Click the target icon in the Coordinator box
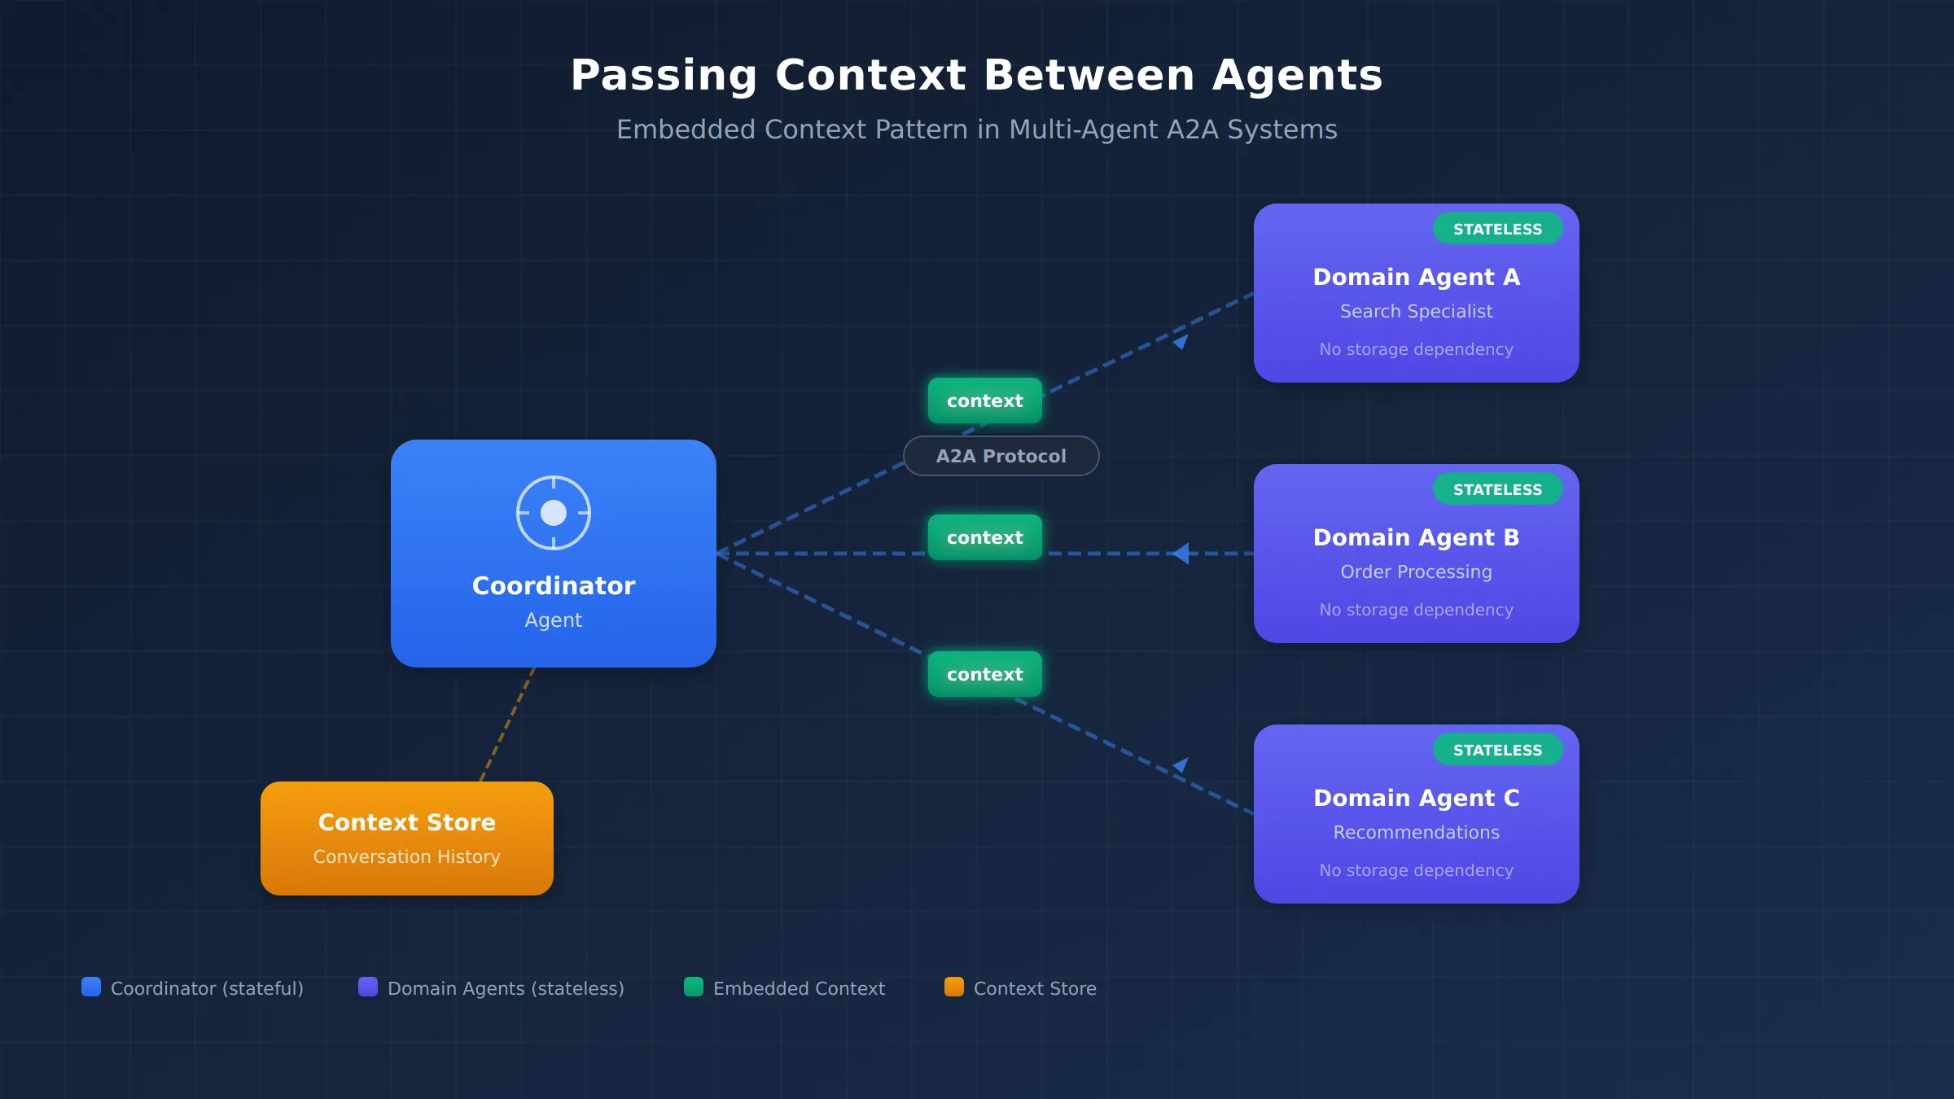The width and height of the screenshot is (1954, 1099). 554,513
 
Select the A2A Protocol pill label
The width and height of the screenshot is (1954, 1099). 1001,456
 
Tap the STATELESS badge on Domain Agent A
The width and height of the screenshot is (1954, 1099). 1497,229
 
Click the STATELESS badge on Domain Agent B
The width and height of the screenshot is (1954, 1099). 1497,489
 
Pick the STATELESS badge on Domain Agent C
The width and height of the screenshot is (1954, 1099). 1497,750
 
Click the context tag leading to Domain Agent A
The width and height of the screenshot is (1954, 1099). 985,401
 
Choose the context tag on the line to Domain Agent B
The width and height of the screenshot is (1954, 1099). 985,537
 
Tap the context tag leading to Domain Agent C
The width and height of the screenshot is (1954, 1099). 985,674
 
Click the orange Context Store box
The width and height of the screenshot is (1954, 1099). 407,838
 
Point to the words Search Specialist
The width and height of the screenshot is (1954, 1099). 1417,311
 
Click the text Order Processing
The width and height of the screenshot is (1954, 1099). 1417,571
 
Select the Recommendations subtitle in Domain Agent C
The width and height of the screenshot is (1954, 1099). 1417,832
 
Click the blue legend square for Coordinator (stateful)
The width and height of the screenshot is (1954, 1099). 91,987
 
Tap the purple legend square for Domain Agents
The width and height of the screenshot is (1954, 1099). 368,987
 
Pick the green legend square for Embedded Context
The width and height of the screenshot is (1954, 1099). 694,987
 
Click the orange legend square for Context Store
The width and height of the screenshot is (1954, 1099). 954,987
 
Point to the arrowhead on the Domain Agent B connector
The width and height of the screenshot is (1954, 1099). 1181,554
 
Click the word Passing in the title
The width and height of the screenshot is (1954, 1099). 664,76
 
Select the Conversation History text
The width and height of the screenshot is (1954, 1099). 407,856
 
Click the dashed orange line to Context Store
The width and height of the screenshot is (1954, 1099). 508,725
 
